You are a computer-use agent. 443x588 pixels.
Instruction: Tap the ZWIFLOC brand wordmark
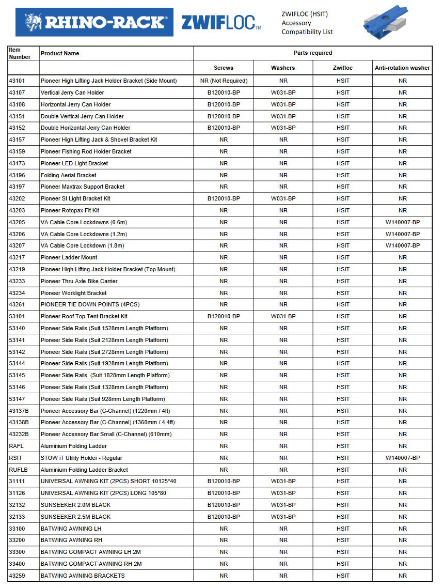tap(221, 23)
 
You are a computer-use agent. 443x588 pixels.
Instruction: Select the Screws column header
tap(224, 68)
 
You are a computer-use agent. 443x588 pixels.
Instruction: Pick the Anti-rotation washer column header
tap(402, 68)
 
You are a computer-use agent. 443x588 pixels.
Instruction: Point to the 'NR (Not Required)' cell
tap(224, 81)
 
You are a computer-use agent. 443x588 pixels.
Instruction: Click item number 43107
tap(17, 92)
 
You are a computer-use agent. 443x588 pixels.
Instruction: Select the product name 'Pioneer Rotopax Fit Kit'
tap(70, 210)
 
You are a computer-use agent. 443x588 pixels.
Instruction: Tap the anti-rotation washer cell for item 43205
tap(402, 222)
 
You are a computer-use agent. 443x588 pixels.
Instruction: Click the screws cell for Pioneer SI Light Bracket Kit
tap(224, 198)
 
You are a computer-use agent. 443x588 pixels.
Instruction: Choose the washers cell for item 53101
tap(283, 316)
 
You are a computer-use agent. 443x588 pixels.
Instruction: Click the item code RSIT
tap(15, 458)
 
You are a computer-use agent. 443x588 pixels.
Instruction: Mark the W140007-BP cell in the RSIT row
tap(402, 458)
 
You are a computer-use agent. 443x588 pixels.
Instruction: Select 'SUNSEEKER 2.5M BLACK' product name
tap(75, 517)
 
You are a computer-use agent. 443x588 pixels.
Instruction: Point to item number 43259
tap(17, 576)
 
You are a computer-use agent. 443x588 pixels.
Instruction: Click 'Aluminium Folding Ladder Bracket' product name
tap(84, 470)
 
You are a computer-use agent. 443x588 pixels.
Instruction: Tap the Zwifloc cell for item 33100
tap(343, 529)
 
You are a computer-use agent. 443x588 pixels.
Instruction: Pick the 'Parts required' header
tap(313, 53)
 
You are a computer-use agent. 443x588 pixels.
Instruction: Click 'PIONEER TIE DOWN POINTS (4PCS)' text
tap(90, 304)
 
